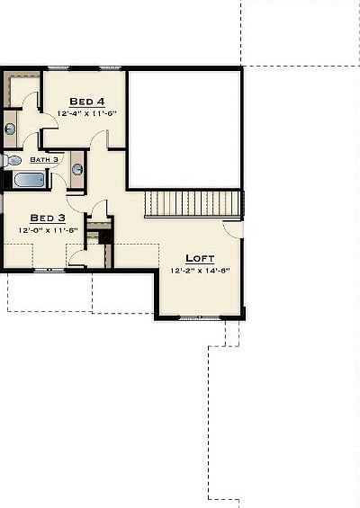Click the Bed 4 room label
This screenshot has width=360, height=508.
tap(85, 101)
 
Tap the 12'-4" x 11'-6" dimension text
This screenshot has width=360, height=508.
tap(85, 113)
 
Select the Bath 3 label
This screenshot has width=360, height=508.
tap(44, 159)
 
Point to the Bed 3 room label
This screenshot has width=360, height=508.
tap(48, 218)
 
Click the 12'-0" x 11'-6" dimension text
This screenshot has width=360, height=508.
tap(48, 229)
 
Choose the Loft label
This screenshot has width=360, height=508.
tap(200, 257)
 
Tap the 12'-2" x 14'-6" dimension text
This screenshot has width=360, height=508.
tap(200, 270)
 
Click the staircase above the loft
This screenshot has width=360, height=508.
tap(193, 203)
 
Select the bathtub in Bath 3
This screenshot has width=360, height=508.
tap(30, 180)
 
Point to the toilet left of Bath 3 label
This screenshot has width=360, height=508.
tap(13, 160)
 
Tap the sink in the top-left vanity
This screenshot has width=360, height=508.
tap(10, 129)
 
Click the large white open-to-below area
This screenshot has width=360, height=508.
tap(184, 129)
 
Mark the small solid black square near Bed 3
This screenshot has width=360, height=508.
tap(104, 237)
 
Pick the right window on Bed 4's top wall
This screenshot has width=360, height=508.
tap(110, 67)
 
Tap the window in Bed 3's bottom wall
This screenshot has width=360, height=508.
tap(49, 269)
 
